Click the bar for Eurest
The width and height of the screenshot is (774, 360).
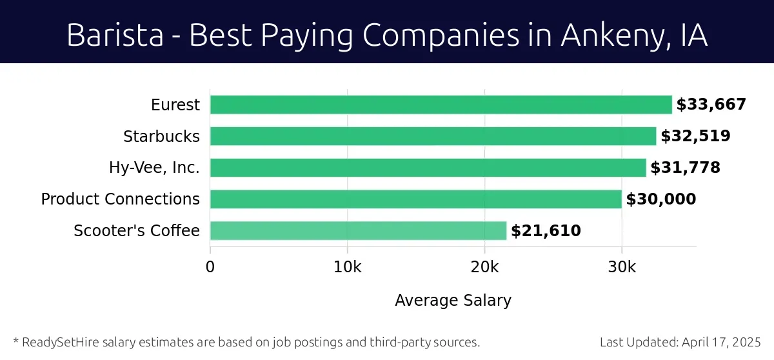pos(441,105)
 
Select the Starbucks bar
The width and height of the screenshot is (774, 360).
pos(433,136)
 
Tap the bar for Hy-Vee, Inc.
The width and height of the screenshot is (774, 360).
pos(428,168)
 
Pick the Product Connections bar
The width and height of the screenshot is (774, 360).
pos(415,199)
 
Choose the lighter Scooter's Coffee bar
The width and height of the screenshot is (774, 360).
pos(358,230)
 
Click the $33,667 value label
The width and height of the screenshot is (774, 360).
pos(711,105)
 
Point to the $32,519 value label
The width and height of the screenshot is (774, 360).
pos(695,136)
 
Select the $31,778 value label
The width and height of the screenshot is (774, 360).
pos(685,168)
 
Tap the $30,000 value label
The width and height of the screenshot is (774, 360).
pos(661,199)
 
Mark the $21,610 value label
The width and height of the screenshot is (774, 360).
pos(546,230)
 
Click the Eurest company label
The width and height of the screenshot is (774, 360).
pos(175,105)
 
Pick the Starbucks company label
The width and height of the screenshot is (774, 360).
pos(161,136)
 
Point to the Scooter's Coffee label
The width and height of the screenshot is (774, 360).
pos(137,230)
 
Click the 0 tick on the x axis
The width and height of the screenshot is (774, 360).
pos(210,267)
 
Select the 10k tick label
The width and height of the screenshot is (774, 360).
pos(347,267)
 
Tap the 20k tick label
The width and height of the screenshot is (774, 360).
pos(484,267)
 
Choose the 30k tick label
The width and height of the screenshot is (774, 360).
pos(622,267)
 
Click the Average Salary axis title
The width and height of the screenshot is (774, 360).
pos(453,300)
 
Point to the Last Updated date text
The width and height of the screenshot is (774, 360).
pos(680,342)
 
